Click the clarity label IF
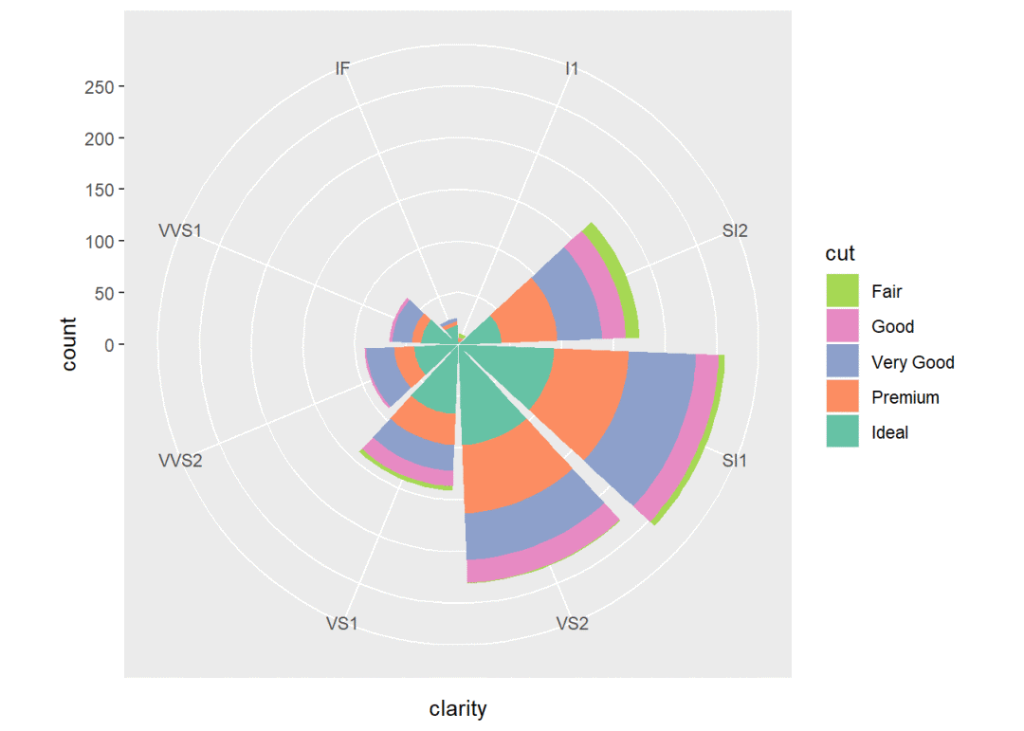[x=342, y=68]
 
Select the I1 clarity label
[x=572, y=68]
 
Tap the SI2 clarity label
[x=734, y=230]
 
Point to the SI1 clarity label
[x=735, y=461]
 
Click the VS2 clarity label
[x=572, y=623]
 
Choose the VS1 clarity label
[x=342, y=623]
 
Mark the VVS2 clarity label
[x=179, y=461]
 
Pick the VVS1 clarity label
[x=179, y=230]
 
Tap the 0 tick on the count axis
[x=109, y=344]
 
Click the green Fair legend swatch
[x=842, y=291]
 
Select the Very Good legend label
[x=912, y=362]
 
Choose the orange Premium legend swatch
[x=842, y=397]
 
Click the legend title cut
[x=840, y=253]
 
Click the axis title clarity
[x=458, y=708]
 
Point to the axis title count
[x=70, y=344]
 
